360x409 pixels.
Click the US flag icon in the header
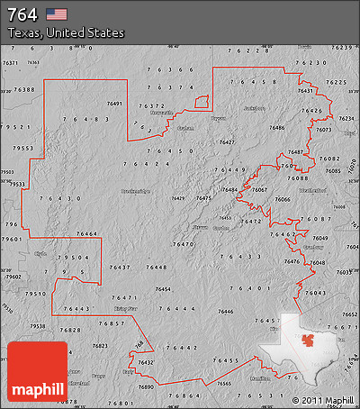click(57, 14)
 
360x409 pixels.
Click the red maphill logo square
click(37, 370)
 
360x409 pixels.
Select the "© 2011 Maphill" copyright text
click(322, 400)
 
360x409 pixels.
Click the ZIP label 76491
click(114, 105)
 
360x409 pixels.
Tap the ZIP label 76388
click(24, 90)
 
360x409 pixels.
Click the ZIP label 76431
click(306, 91)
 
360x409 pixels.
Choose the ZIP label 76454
click(163, 289)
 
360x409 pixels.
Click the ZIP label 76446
click(223, 310)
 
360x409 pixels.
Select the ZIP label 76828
click(70, 331)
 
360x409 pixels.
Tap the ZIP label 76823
click(100, 345)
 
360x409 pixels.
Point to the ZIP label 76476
click(292, 261)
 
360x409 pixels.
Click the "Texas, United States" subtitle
click(66, 32)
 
